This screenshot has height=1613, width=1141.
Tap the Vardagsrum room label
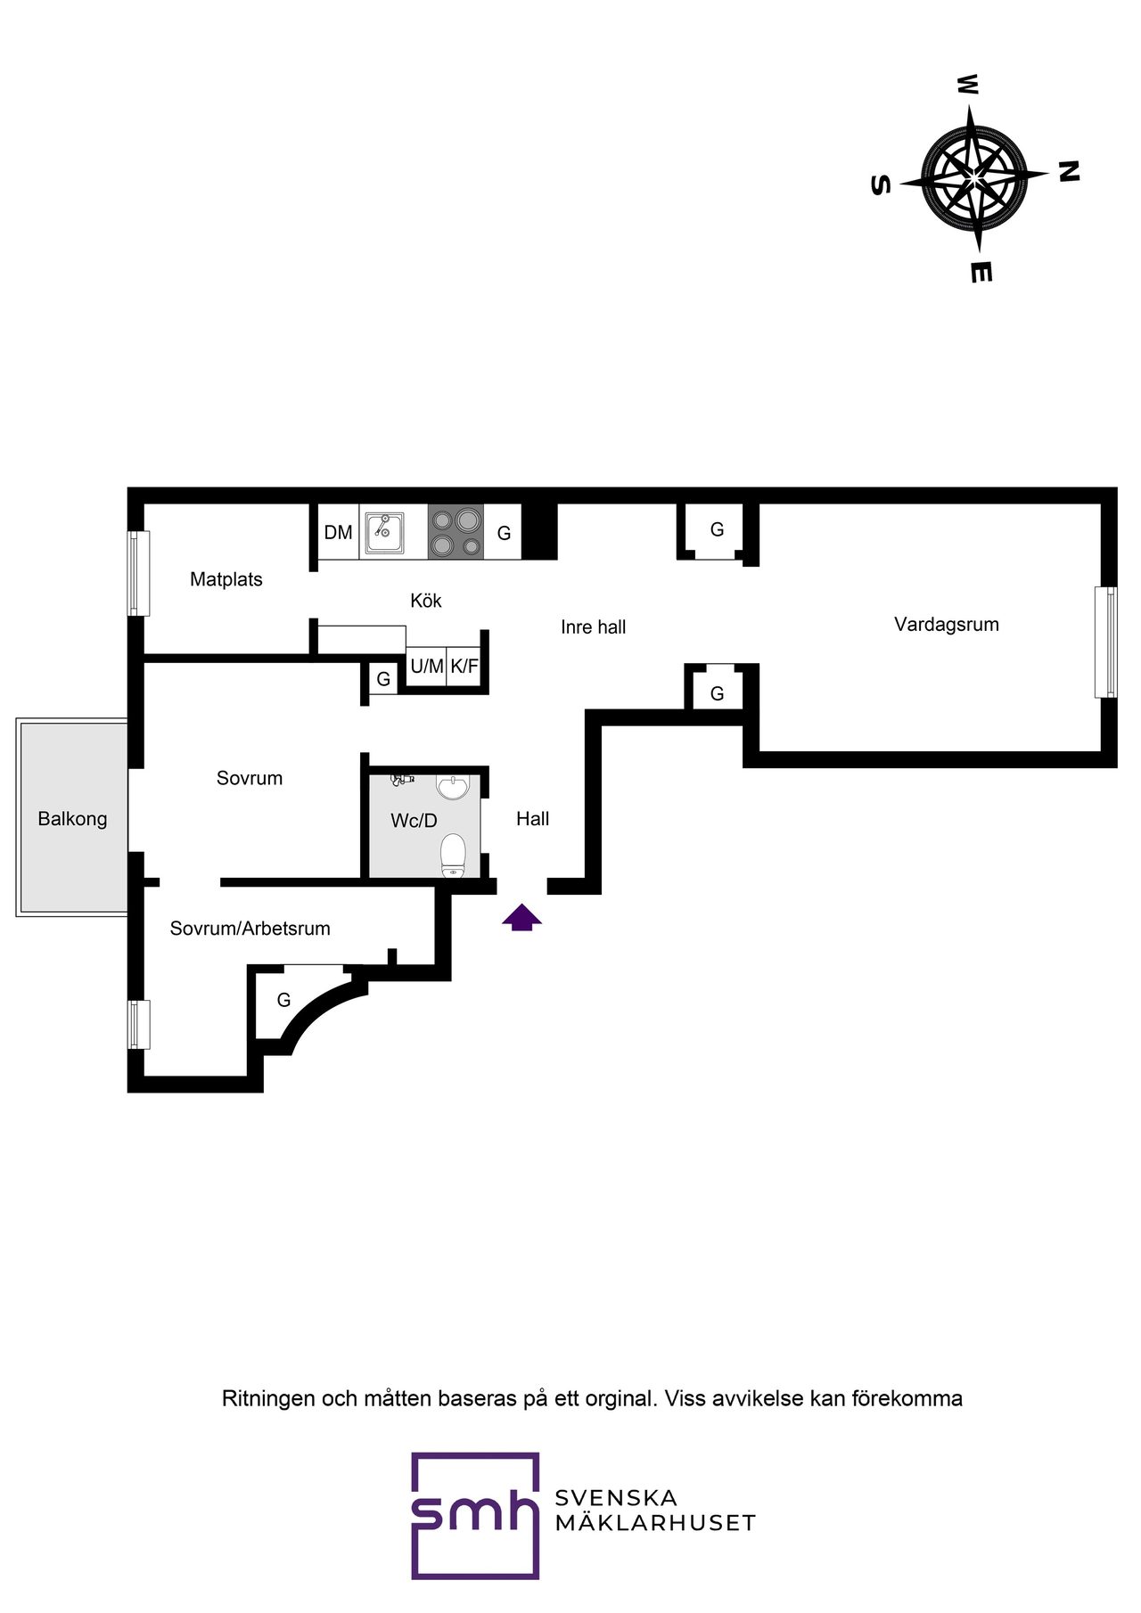(947, 624)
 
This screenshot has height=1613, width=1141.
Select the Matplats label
(226, 579)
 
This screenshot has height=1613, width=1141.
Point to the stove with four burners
(456, 531)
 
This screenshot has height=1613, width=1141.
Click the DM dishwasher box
(338, 532)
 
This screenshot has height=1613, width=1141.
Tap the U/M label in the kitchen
(427, 666)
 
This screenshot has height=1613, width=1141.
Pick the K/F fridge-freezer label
(464, 666)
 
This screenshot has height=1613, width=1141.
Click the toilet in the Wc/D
(454, 856)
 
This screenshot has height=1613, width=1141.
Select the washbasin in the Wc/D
(453, 787)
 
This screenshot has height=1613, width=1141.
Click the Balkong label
(72, 819)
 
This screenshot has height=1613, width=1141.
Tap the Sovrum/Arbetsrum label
(250, 929)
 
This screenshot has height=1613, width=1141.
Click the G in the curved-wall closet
(283, 1000)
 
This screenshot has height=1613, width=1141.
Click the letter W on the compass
(967, 85)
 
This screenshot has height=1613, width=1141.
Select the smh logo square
(475, 1515)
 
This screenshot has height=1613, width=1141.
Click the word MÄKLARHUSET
(655, 1522)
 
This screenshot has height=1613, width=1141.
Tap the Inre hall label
(594, 627)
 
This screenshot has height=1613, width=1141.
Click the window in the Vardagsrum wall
(1105, 642)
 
